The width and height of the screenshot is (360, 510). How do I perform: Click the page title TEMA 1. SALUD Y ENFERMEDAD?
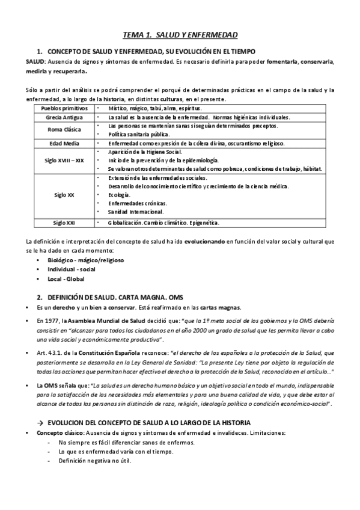pyautogui.click(x=180, y=35)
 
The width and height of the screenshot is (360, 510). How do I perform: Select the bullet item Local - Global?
pyautogui.click(x=66, y=279)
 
